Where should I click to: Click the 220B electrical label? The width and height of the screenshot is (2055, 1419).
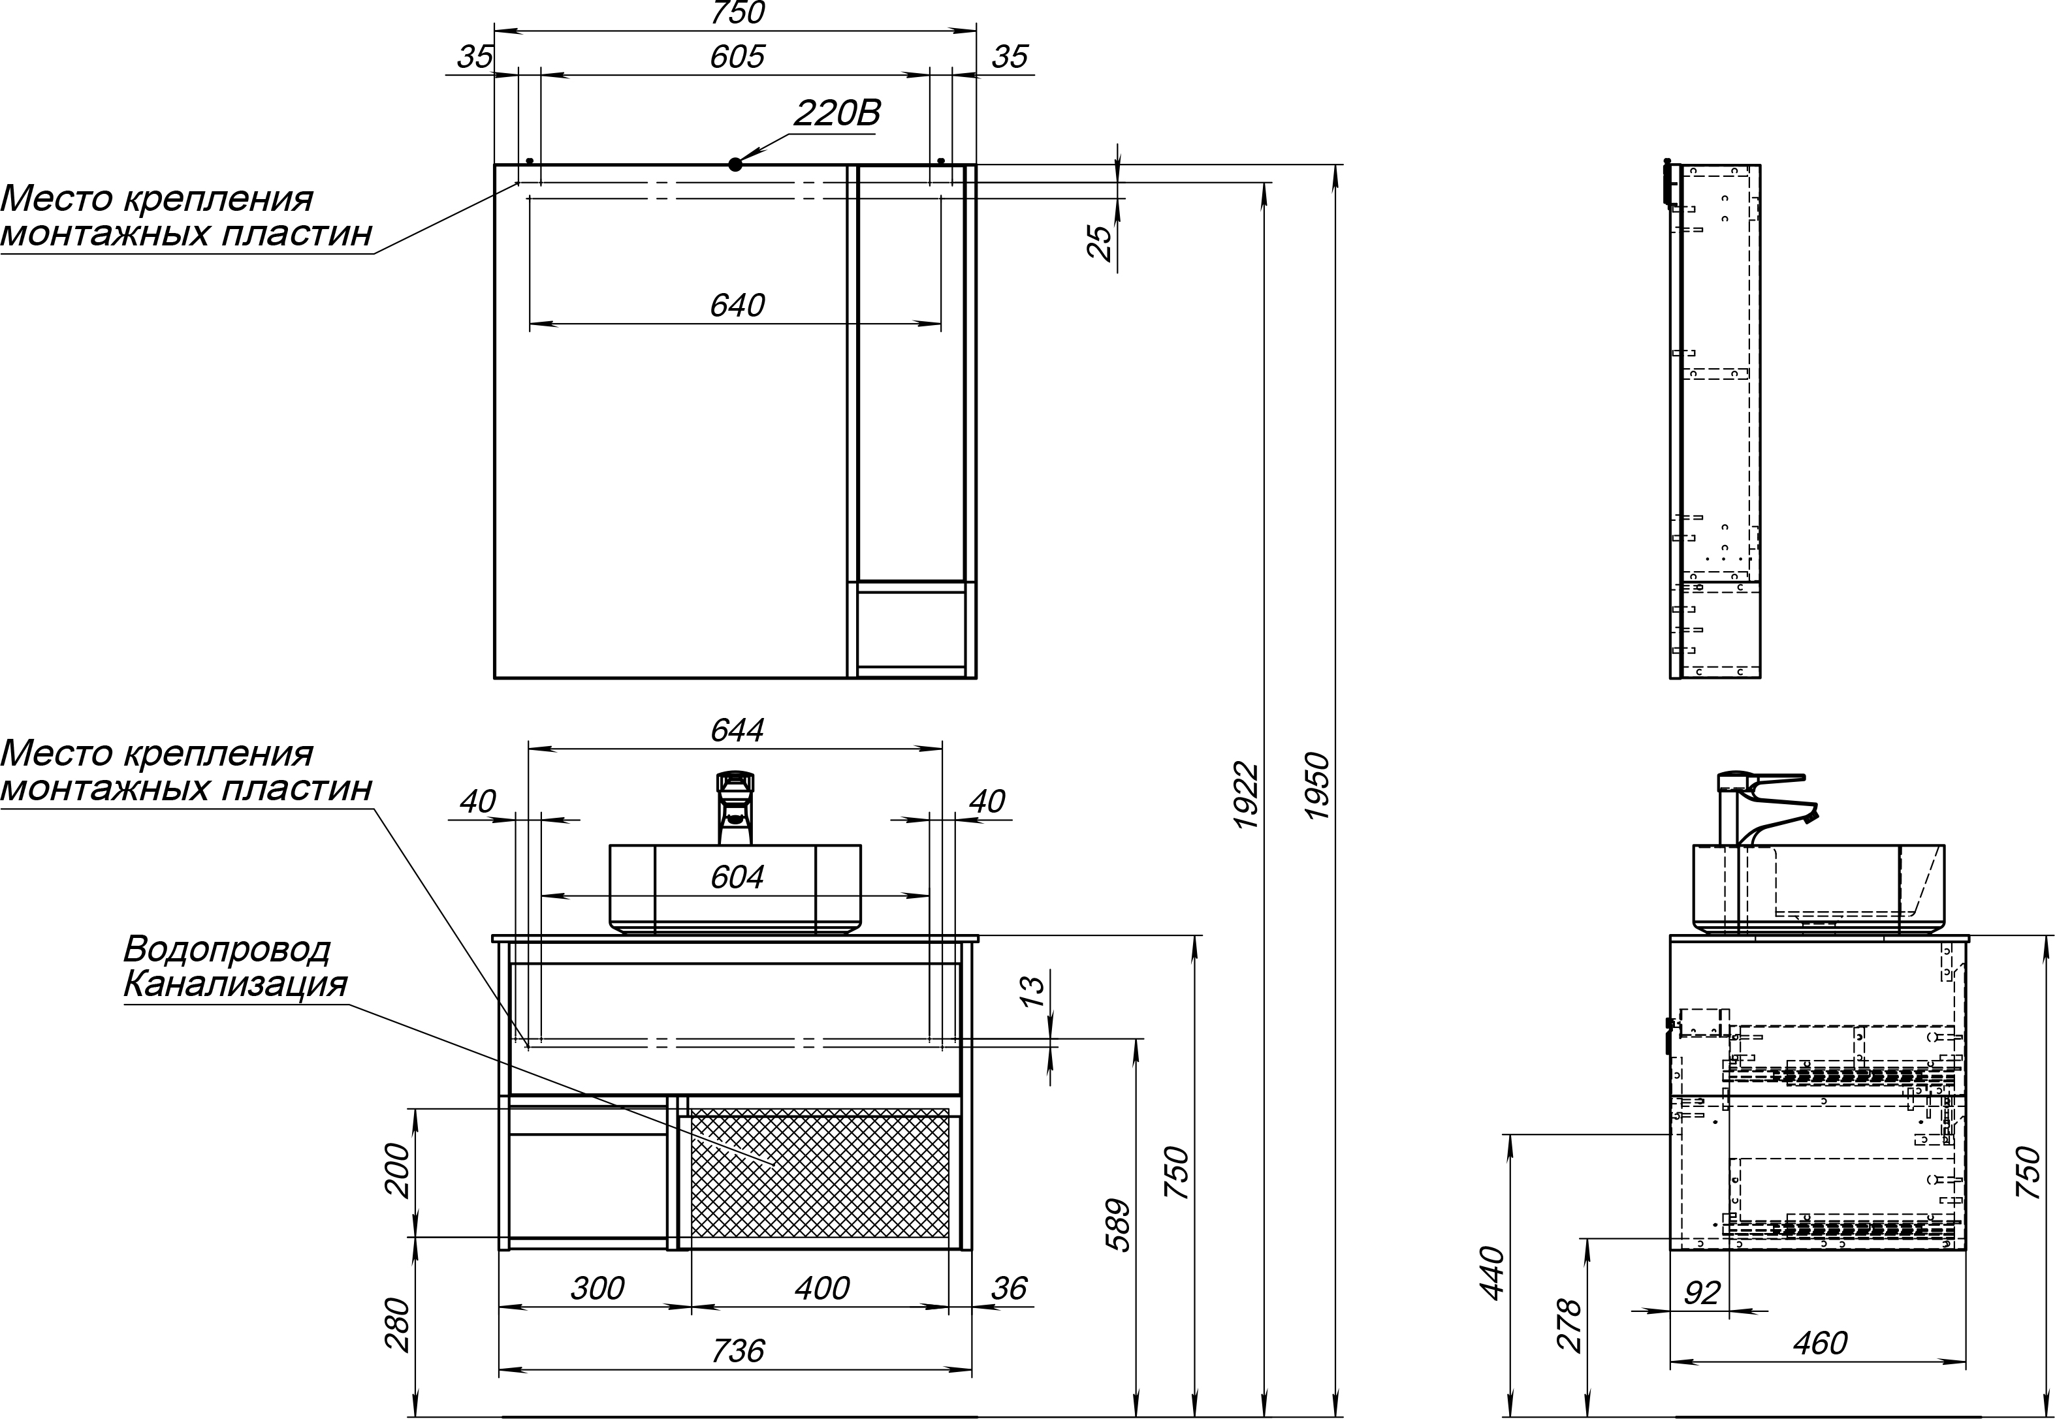point(836,114)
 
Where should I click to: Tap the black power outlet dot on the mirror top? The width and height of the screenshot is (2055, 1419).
point(735,164)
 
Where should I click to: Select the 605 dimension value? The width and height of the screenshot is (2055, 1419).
point(737,57)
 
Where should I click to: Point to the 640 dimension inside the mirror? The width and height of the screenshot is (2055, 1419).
point(737,305)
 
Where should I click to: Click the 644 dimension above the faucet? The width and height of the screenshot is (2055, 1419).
point(737,730)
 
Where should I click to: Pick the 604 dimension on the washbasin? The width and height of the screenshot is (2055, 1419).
point(737,877)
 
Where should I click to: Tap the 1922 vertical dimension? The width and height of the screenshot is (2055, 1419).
point(1246,796)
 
